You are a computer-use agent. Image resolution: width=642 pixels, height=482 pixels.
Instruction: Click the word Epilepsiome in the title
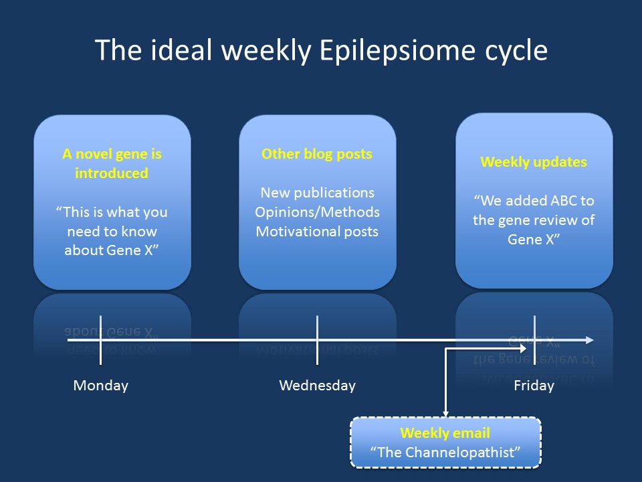point(397,51)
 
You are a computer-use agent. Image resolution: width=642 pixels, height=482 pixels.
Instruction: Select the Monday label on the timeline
point(101,386)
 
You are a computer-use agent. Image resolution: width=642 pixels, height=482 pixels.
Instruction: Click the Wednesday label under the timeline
point(317,386)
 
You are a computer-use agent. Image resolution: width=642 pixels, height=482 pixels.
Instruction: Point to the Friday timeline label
point(534,386)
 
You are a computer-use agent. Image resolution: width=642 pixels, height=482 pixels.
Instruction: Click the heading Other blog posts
point(317,154)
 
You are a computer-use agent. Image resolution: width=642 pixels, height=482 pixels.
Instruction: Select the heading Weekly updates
point(534,162)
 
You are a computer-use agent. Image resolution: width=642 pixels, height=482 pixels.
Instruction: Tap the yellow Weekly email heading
point(445,433)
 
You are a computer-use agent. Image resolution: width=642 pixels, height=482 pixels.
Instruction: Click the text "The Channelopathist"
point(445,453)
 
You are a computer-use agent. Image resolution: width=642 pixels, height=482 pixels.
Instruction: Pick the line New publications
point(317,193)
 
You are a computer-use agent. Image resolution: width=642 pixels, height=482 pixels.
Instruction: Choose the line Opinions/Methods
point(317,212)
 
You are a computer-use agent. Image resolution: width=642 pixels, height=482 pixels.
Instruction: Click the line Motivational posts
point(317,232)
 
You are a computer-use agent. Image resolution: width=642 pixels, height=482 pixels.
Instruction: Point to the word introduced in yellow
point(112,173)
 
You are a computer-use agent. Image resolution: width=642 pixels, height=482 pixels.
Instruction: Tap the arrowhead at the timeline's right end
point(590,340)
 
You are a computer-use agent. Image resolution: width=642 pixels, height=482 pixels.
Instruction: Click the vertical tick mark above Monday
point(101,340)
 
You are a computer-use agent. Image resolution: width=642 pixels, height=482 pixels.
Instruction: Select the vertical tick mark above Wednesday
point(317,340)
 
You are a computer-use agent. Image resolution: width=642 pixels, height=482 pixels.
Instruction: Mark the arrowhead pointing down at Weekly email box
point(445,414)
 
